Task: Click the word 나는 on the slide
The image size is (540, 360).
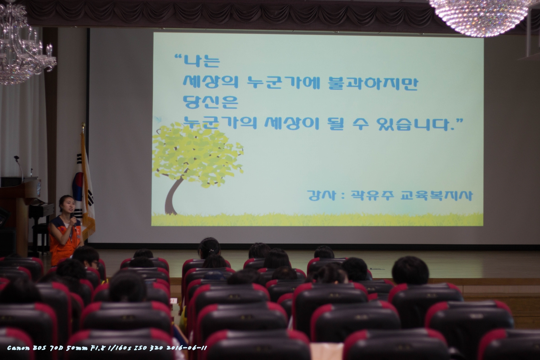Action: coord(202,61)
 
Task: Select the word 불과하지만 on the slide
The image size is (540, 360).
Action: coord(373,83)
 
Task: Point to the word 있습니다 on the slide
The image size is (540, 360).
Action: coord(413,124)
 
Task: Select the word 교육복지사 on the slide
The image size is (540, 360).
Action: coord(436,195)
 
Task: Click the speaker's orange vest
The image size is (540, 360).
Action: coord(63,241)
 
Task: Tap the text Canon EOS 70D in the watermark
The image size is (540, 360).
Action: coord(35,348)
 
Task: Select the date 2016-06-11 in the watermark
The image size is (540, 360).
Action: coord(186,348)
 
